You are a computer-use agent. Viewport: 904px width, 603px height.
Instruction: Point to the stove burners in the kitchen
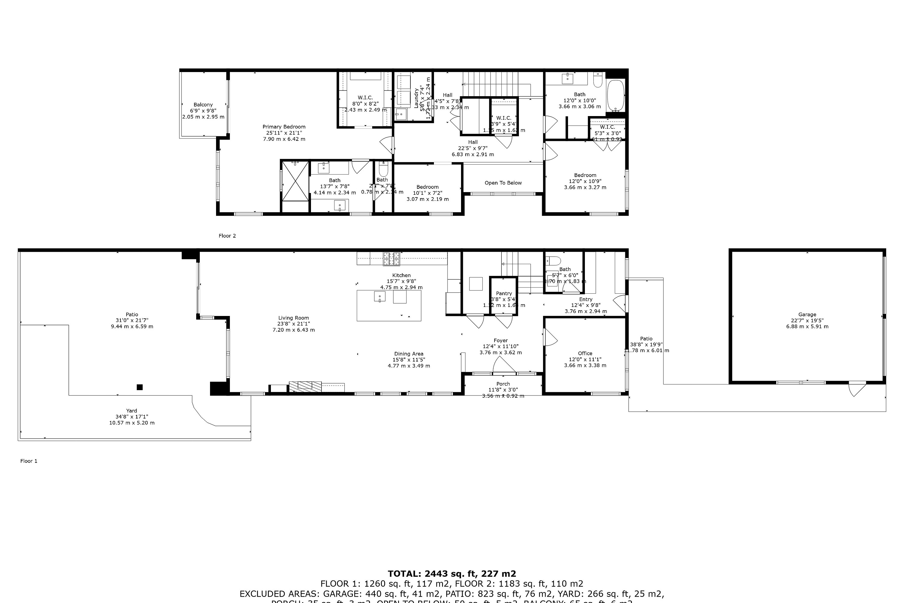(391, 259)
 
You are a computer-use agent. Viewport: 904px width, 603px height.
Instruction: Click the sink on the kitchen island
(380, 297)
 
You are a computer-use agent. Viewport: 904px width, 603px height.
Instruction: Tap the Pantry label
(504, 293)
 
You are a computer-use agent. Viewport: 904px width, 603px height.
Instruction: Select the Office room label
(585, 353)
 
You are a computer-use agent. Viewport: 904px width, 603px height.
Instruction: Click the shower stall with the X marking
(295, 181)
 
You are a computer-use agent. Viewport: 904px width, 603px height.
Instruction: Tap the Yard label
(131, 411)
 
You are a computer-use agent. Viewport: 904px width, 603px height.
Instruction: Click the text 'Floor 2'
(227, 236)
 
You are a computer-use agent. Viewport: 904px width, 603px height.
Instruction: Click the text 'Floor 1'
(29, 461)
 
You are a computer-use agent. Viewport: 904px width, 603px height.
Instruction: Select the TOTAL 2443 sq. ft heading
(452, 574)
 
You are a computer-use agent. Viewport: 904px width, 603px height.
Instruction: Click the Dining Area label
(409, 354)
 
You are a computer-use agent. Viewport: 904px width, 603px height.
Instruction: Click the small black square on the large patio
(140, 387)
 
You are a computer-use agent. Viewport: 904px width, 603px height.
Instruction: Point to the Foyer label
(501, 340)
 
